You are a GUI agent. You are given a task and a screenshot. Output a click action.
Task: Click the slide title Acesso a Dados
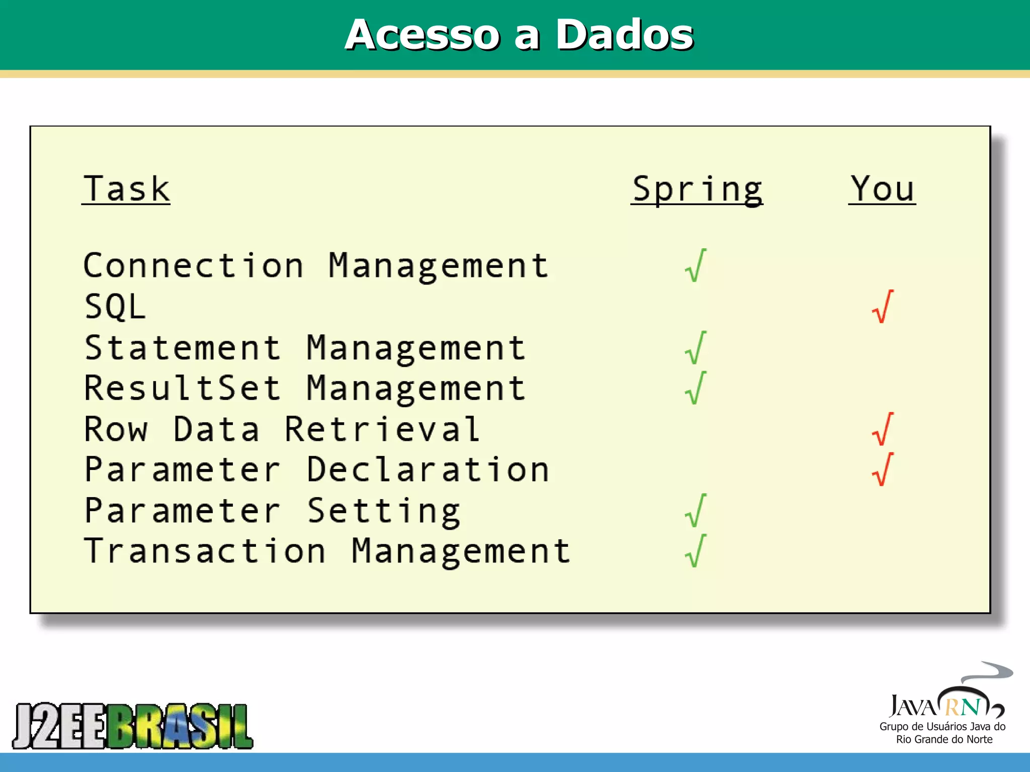pyautogui.click(x=519, y=35)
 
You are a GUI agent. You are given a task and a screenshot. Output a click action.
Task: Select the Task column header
pyautogui.click(x=126, y=189)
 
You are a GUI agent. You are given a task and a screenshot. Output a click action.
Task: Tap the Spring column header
pyautogui.click(x=697, y=190)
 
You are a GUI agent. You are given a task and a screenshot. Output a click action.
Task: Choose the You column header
pyautogui.click(x=882, y=189)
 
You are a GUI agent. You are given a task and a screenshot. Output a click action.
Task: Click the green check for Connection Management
pyautogui.click(x=696, y=265)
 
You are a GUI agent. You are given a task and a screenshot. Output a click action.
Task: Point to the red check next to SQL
pyautogui.click(x=883, y=307)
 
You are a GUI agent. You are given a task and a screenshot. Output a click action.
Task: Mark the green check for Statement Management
pyautogui.click(x=696, y=348)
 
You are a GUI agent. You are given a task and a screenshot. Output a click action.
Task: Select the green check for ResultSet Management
pyautogui.click(x=696, y=388)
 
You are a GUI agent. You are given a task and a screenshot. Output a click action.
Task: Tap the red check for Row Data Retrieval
pyautogui.click(x=883, y=429)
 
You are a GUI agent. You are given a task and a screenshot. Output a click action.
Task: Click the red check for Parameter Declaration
pyautogui.click(x=883, y=469)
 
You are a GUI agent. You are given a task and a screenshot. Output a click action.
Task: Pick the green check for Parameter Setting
pyautogui.click(x=696, y=511)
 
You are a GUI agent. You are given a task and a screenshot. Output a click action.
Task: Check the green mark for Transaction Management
pyautogui.click(x=696, y=551)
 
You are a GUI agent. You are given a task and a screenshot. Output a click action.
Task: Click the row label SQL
pyautogui.click(x=115, y=307)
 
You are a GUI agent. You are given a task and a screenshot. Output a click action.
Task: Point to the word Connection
pyautogui.click(x=194, y=265)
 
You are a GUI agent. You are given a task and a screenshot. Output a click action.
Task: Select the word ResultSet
pyautogui.click(x=183, y=388)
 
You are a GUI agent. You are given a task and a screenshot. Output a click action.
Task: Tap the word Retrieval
pyautogui.click(x=382, y=429)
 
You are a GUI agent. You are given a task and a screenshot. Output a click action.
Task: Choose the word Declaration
pyautogui.click(x=428, y=469)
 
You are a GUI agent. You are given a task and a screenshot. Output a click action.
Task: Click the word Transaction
pyautogui.click(x=205, y=551)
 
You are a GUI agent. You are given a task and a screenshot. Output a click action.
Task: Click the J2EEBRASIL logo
pyautogui.click(x=133, y=726)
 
